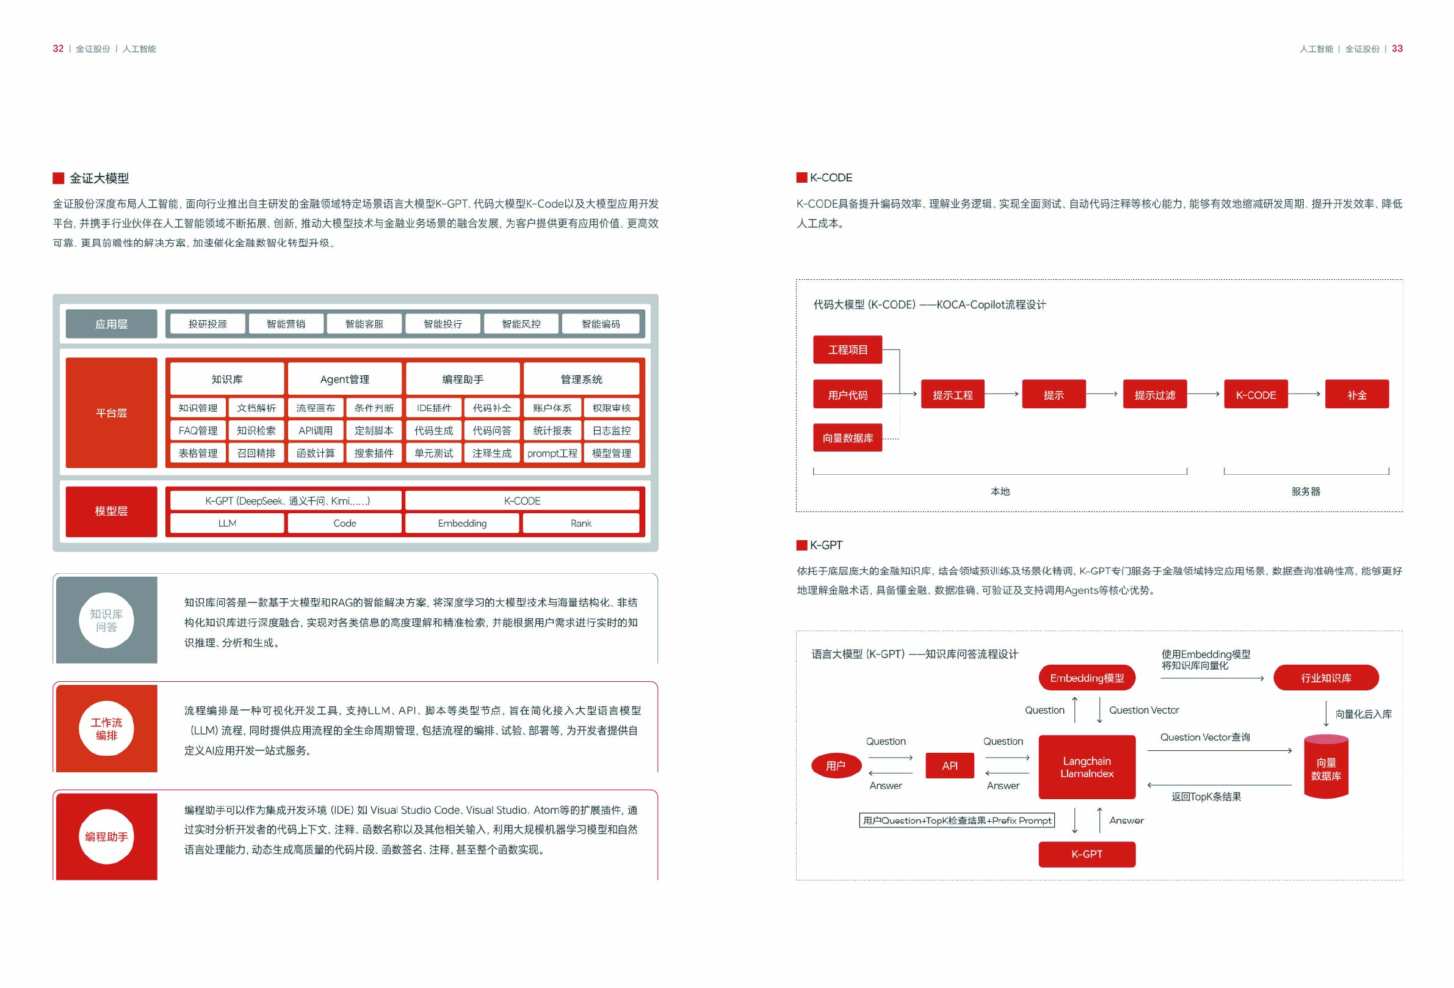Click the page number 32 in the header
point(57,49)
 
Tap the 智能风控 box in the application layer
point(521,324)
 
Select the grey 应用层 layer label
point(111,324)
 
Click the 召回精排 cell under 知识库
point(256,453)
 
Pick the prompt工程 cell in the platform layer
point(552,453)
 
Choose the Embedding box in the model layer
point(461,523)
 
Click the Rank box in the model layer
point(581,523)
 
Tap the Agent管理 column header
point(344,379)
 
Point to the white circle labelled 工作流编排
point(106,728)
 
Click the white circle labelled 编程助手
point(106,836)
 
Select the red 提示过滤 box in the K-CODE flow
point(1154,395)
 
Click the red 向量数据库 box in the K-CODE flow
point(847,437)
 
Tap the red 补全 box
point(1356,395)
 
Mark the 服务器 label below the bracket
point(1306,491)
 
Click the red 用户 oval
point(836,765)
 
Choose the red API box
point(949,765)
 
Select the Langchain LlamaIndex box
point(1087,767)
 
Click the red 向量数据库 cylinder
point(1326,768)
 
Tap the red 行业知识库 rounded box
point(1326,678)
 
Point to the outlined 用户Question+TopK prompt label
point(957,820)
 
